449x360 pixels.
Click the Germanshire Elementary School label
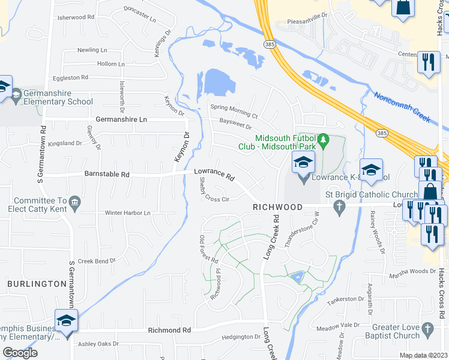54,97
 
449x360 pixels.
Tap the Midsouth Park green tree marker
324,140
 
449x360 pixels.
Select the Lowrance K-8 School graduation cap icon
303,164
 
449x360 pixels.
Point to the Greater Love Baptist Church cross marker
427,329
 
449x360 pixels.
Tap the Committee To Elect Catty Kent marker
74,202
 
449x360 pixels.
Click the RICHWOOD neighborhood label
277,206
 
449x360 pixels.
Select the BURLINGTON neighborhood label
37,283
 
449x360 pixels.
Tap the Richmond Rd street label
169,331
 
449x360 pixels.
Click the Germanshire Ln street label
121,120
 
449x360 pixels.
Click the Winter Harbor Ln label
127,212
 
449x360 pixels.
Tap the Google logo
20,352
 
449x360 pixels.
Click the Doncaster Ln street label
139,14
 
